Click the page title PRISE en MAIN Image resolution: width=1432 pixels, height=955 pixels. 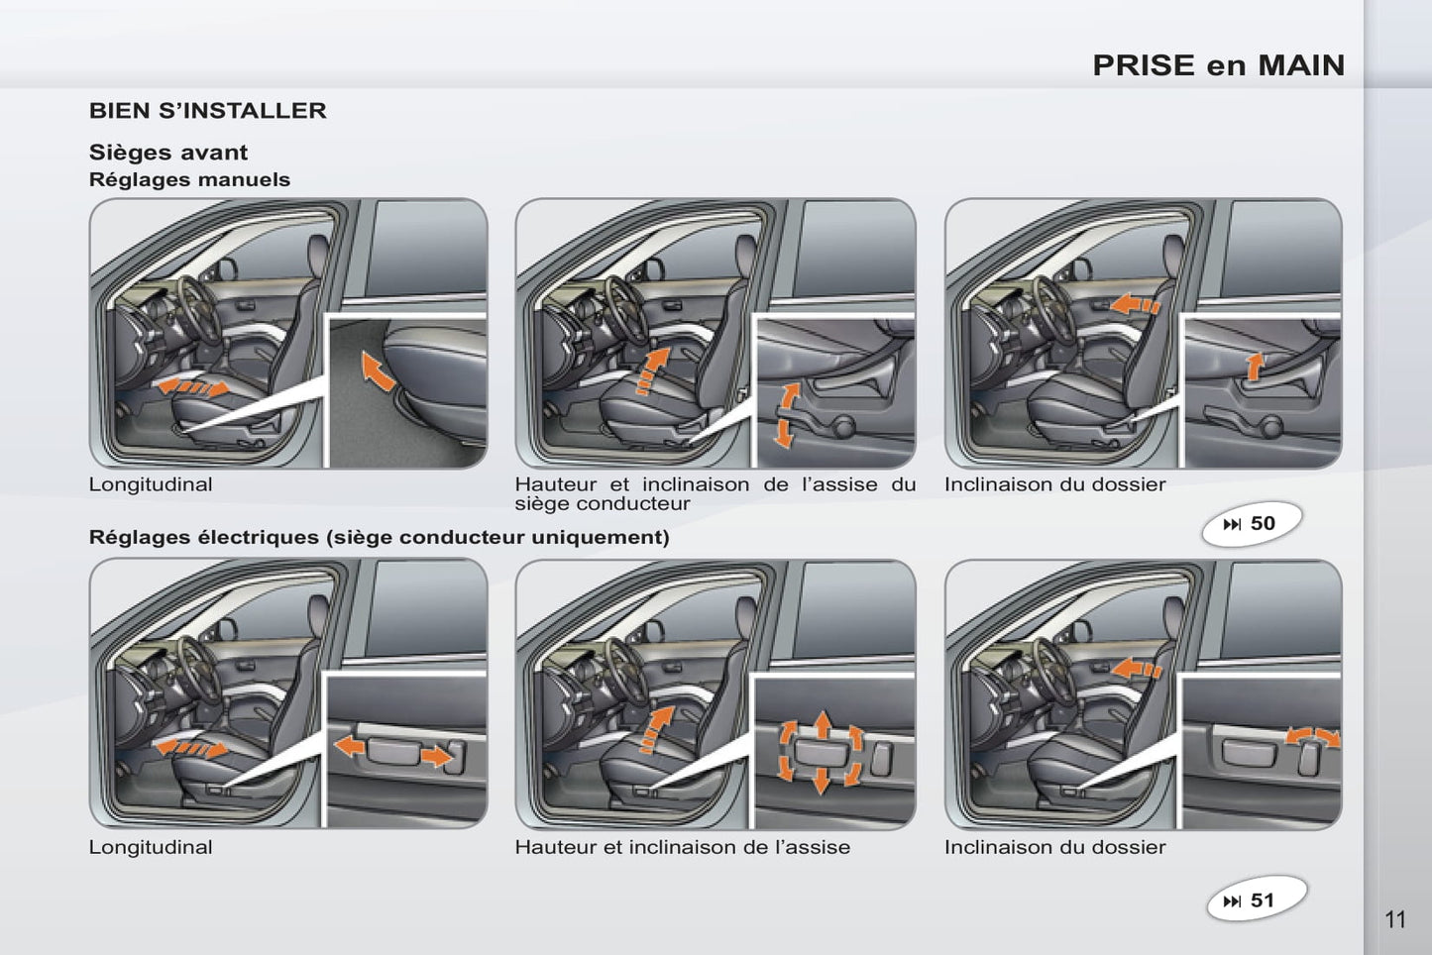click(1219, 65)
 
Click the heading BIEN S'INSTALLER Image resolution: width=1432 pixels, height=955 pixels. click(208, 111)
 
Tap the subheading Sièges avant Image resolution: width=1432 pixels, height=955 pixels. click(168, 153)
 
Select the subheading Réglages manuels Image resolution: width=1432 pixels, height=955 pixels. click(190, 179)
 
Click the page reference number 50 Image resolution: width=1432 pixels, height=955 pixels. click(1263, 523)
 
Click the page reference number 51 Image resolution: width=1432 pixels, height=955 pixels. click(1263, 901)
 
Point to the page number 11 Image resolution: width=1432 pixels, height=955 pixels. click(1395, 920)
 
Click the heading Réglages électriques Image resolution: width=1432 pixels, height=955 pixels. click(203, 537)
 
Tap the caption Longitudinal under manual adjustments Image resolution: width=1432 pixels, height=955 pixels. click(151, 484)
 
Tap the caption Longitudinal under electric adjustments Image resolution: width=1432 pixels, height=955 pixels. click(151, 847)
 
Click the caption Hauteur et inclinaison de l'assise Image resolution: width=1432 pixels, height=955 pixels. click(683, 847)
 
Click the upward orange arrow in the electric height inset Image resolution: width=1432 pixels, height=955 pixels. click(823, 724)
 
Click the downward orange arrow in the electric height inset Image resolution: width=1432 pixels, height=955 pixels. click(822, 780)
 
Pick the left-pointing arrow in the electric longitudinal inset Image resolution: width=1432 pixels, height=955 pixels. click(350, 746)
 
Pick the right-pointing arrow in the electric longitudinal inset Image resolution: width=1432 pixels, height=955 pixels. click(437, 757)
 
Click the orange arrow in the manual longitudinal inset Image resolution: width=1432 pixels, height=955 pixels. click(378, 371)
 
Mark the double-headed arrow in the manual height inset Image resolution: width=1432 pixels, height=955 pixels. click(786, 414)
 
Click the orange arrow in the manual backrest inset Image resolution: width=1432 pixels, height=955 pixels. click(1255, 367)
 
